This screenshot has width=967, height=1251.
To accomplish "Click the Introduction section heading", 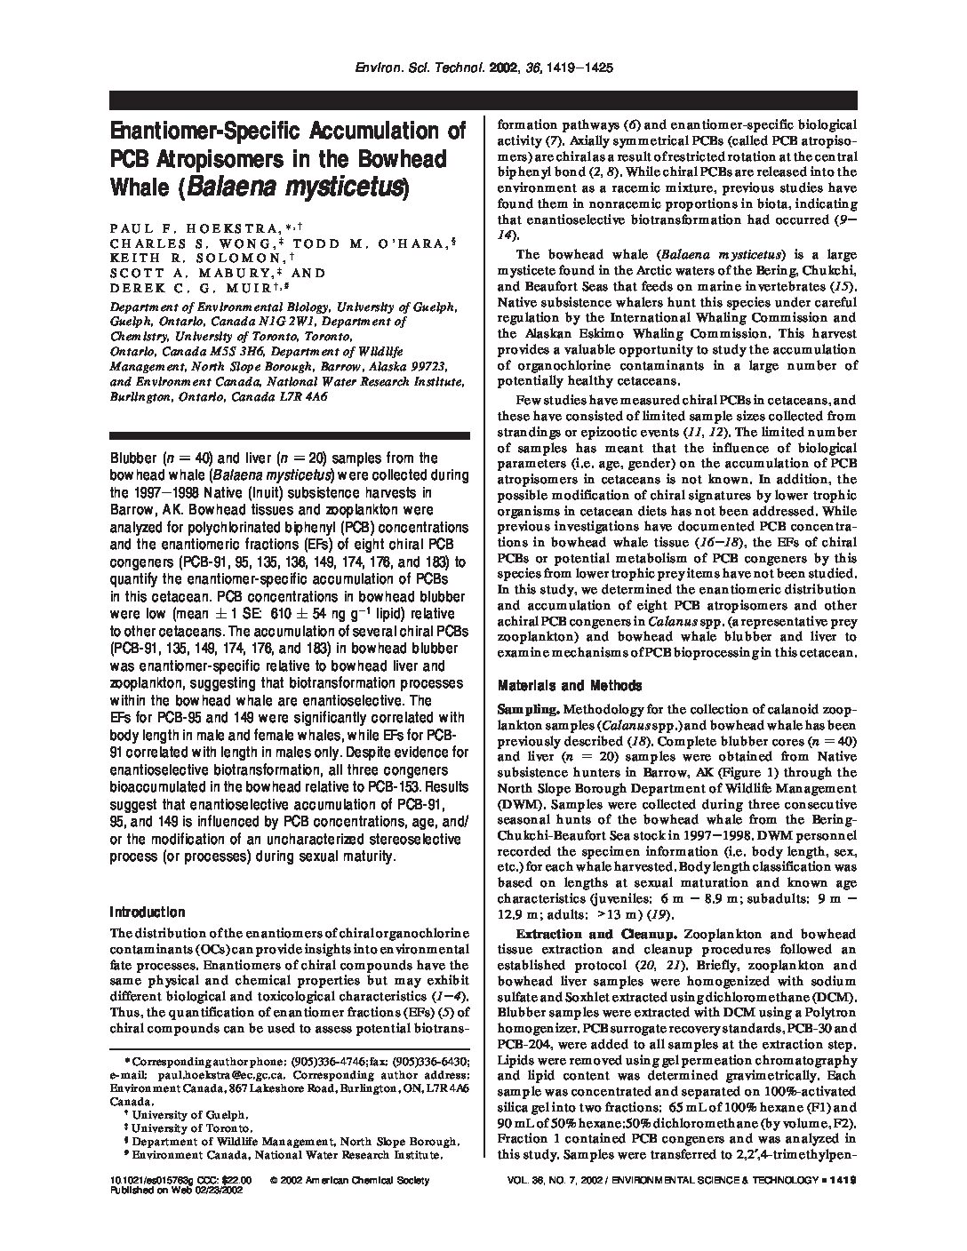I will click(147, 912).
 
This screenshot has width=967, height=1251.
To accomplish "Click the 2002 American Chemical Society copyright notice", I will click(349, 1180).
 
